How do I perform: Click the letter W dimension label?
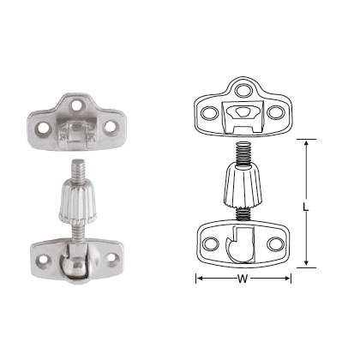243,279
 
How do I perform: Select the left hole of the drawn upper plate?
208,112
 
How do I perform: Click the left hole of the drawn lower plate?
209,243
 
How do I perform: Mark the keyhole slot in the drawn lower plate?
240,246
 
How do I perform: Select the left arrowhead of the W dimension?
199,279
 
